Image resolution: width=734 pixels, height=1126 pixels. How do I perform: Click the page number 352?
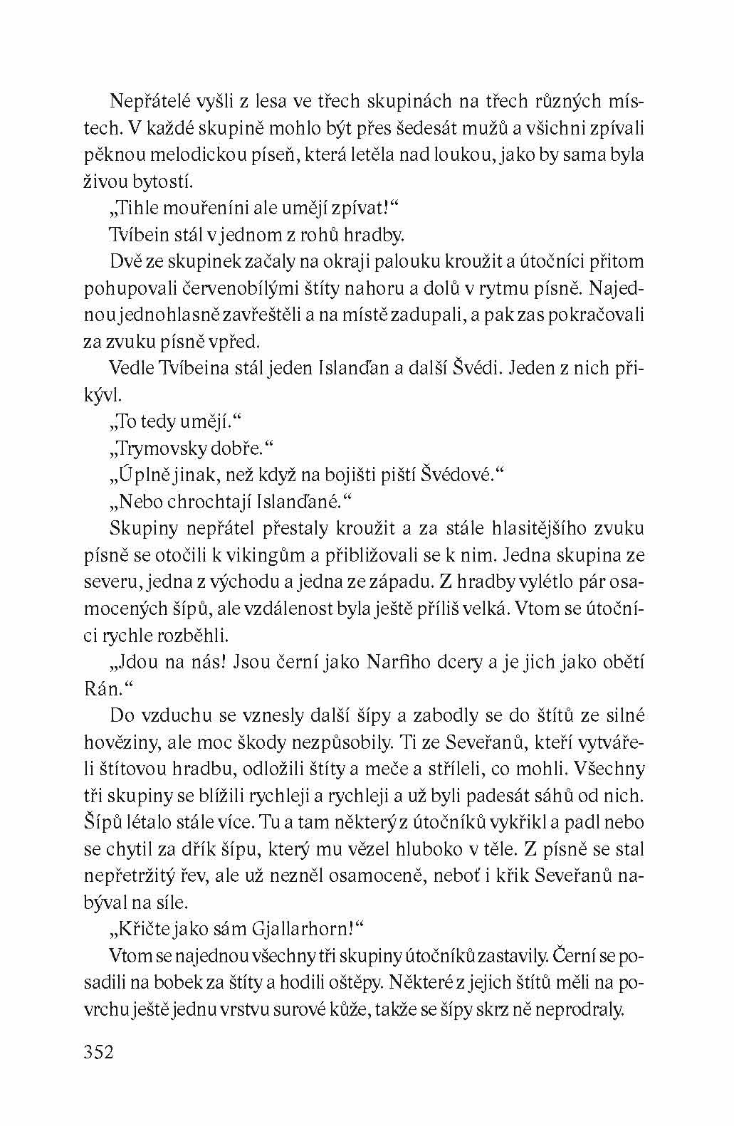click(99, 1052)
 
